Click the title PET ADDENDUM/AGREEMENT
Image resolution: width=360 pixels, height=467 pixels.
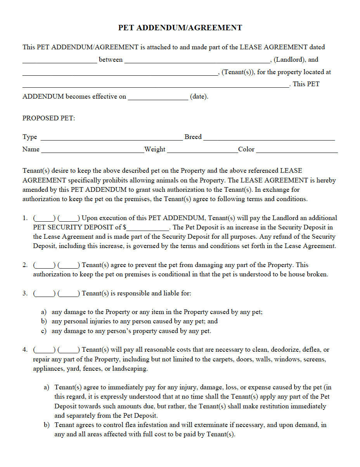pos(180,28)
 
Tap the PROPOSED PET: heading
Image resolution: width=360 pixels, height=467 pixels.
pos(49,118)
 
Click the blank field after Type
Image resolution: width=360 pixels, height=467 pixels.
pos(111,138)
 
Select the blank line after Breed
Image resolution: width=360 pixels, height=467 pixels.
pos(269,138)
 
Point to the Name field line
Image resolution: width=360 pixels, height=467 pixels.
pos(92,150)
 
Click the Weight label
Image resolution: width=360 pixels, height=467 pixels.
pos(155,149)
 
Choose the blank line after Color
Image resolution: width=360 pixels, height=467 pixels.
pos(297,150)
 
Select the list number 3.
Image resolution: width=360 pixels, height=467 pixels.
pos(25,293)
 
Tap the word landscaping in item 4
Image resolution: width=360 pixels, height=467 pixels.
pos(130,369)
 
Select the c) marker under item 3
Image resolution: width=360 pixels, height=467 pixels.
pos(44,331)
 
